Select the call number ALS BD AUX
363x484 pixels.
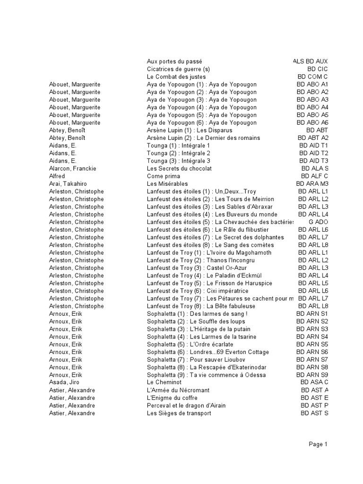pyautogui.click(x=310, y=61)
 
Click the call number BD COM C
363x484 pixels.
pyautogui.click(x=312, y=77)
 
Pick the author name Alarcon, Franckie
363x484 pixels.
pyautogui.click(x=73, y=168)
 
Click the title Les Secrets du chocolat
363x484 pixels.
pyautogui.click(x=179, y=168)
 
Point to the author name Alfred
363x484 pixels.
pyautogui.click(x=57, y=176)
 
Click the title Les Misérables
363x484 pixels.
pyautogui.click(x=167, y=183)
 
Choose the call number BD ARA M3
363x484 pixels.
pyautogui.click(x=312, y=183)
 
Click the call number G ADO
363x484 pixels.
pyautogui.click(x=318, y=222)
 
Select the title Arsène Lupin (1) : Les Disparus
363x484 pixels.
pyautogui.click(x=190, y=130)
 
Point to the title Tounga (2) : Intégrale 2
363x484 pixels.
pyautogui.click(x=179, y=153)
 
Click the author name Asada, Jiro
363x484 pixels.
pyautogui.click(x=64, y=382)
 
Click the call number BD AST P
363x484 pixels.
pyautogui.click(x=314, y=406)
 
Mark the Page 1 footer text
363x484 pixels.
pyautogui.click(x=318, y=444)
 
